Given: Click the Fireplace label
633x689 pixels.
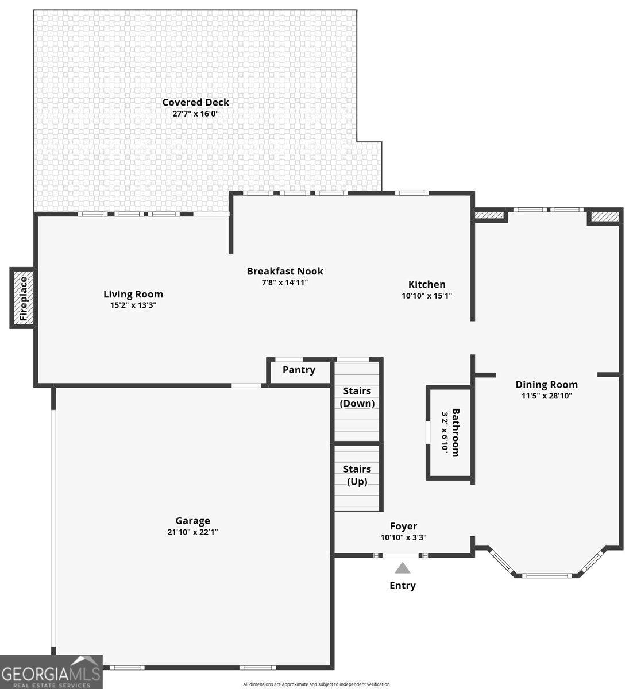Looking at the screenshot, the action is click(24, 299).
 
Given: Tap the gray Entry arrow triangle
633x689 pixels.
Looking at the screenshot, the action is click(403, 568).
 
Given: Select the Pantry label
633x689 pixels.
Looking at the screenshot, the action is click(299, 370).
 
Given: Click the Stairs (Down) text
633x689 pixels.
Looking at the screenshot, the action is click(357, 397).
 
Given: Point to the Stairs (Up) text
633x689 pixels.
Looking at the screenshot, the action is click(357, 475).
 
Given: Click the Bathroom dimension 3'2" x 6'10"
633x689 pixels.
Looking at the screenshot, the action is click(445, 432).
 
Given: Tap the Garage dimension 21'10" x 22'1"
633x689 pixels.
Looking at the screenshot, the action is click(192, 532).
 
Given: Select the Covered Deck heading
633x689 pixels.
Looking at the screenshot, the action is click(195, 102).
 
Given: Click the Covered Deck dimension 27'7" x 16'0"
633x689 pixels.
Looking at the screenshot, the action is click(195, 114).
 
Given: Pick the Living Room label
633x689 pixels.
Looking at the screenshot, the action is click(133, 295).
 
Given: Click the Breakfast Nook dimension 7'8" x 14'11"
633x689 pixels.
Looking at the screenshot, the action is click(284, 282).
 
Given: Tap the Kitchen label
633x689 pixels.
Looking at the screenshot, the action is click(427, 284).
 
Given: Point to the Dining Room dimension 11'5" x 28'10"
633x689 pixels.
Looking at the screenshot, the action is click(546, 396).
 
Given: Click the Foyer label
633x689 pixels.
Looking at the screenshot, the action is click(403, 526).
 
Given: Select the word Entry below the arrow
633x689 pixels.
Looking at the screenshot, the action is click(403, 585).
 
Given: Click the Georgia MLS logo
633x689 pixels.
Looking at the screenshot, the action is click(51, 671).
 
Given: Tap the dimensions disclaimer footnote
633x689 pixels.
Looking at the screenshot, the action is click(316, 684).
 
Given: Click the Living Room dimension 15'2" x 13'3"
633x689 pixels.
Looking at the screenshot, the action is click(133, 305).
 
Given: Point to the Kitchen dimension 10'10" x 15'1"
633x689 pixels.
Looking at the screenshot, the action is click(427, 296).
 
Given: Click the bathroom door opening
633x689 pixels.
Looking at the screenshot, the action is click(428, 432).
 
